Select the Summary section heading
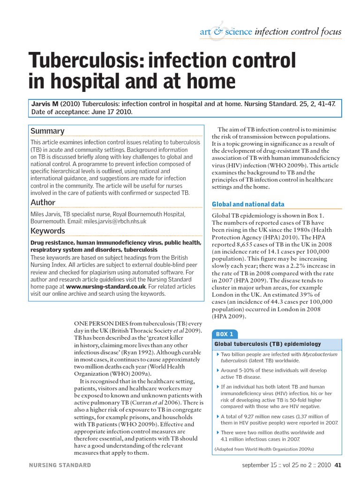click(47, 131)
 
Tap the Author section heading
click(43, 202)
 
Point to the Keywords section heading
click(47, 231)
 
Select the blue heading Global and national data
click(248, 204)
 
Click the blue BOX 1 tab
click(225, 334)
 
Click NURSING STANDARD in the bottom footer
click(60, 465)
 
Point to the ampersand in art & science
click(217, 32)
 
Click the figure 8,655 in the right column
click(247, 244)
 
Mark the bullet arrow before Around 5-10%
click(217, 370)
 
